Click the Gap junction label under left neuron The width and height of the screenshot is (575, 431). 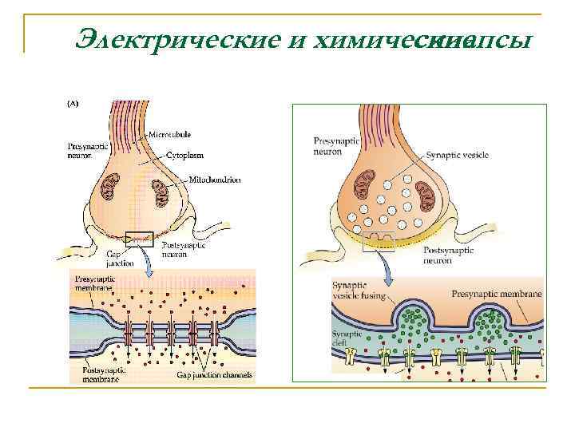(x=121, y=258)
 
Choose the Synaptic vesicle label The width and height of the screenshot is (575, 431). (x=456, y=156)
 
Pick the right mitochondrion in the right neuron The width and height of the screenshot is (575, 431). (x=423, y=196)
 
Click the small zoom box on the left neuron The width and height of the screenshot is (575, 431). (x=140, y=238)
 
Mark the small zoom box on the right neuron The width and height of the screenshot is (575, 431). (x=379, y=242)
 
